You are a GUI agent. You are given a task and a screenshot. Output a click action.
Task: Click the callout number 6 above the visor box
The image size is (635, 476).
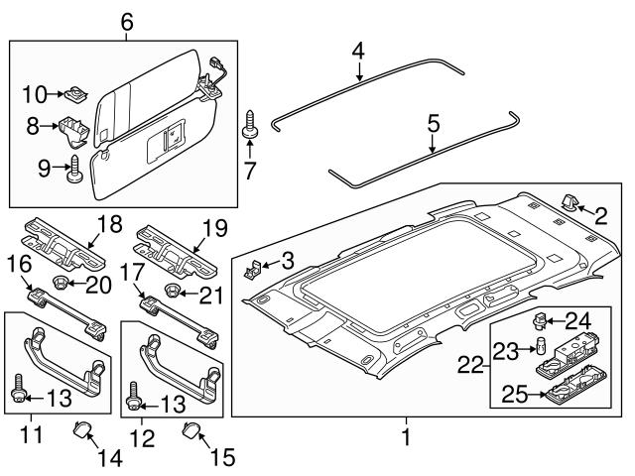[126, 21]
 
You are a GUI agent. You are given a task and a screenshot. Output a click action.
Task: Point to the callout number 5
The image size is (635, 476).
[434, 125]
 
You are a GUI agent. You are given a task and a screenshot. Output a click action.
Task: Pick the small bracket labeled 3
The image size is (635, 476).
[253, 267]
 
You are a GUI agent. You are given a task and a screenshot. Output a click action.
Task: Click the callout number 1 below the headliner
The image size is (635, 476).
[405, 434]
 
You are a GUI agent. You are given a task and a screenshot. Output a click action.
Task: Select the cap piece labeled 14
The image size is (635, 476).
[83, 428]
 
